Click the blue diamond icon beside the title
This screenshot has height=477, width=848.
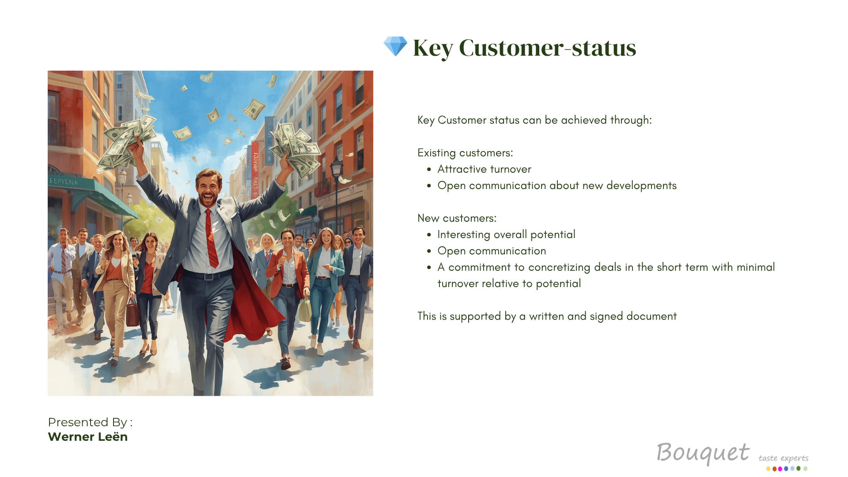click(x=395, y=46)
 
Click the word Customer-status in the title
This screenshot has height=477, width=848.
click(x=548, y=48)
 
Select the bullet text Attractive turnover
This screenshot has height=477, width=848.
click(x=484, y=169)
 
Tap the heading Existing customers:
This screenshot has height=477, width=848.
click(x=465, y=153)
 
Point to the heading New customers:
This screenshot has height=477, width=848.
click(x=457, y=218)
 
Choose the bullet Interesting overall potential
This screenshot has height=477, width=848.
click(x=506, y=235)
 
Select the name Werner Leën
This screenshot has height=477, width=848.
click(x=87, y=437)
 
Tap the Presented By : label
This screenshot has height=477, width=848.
click(x=90, y=422)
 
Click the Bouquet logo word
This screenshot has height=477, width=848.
click(x=703, y=453)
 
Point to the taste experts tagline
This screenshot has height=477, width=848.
click(x=784, y=458)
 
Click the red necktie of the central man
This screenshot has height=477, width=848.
click(x=212, y=238)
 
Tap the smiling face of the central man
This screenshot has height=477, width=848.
click(x=208, y=188)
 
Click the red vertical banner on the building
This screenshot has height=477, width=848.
click(x=255, y=170)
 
